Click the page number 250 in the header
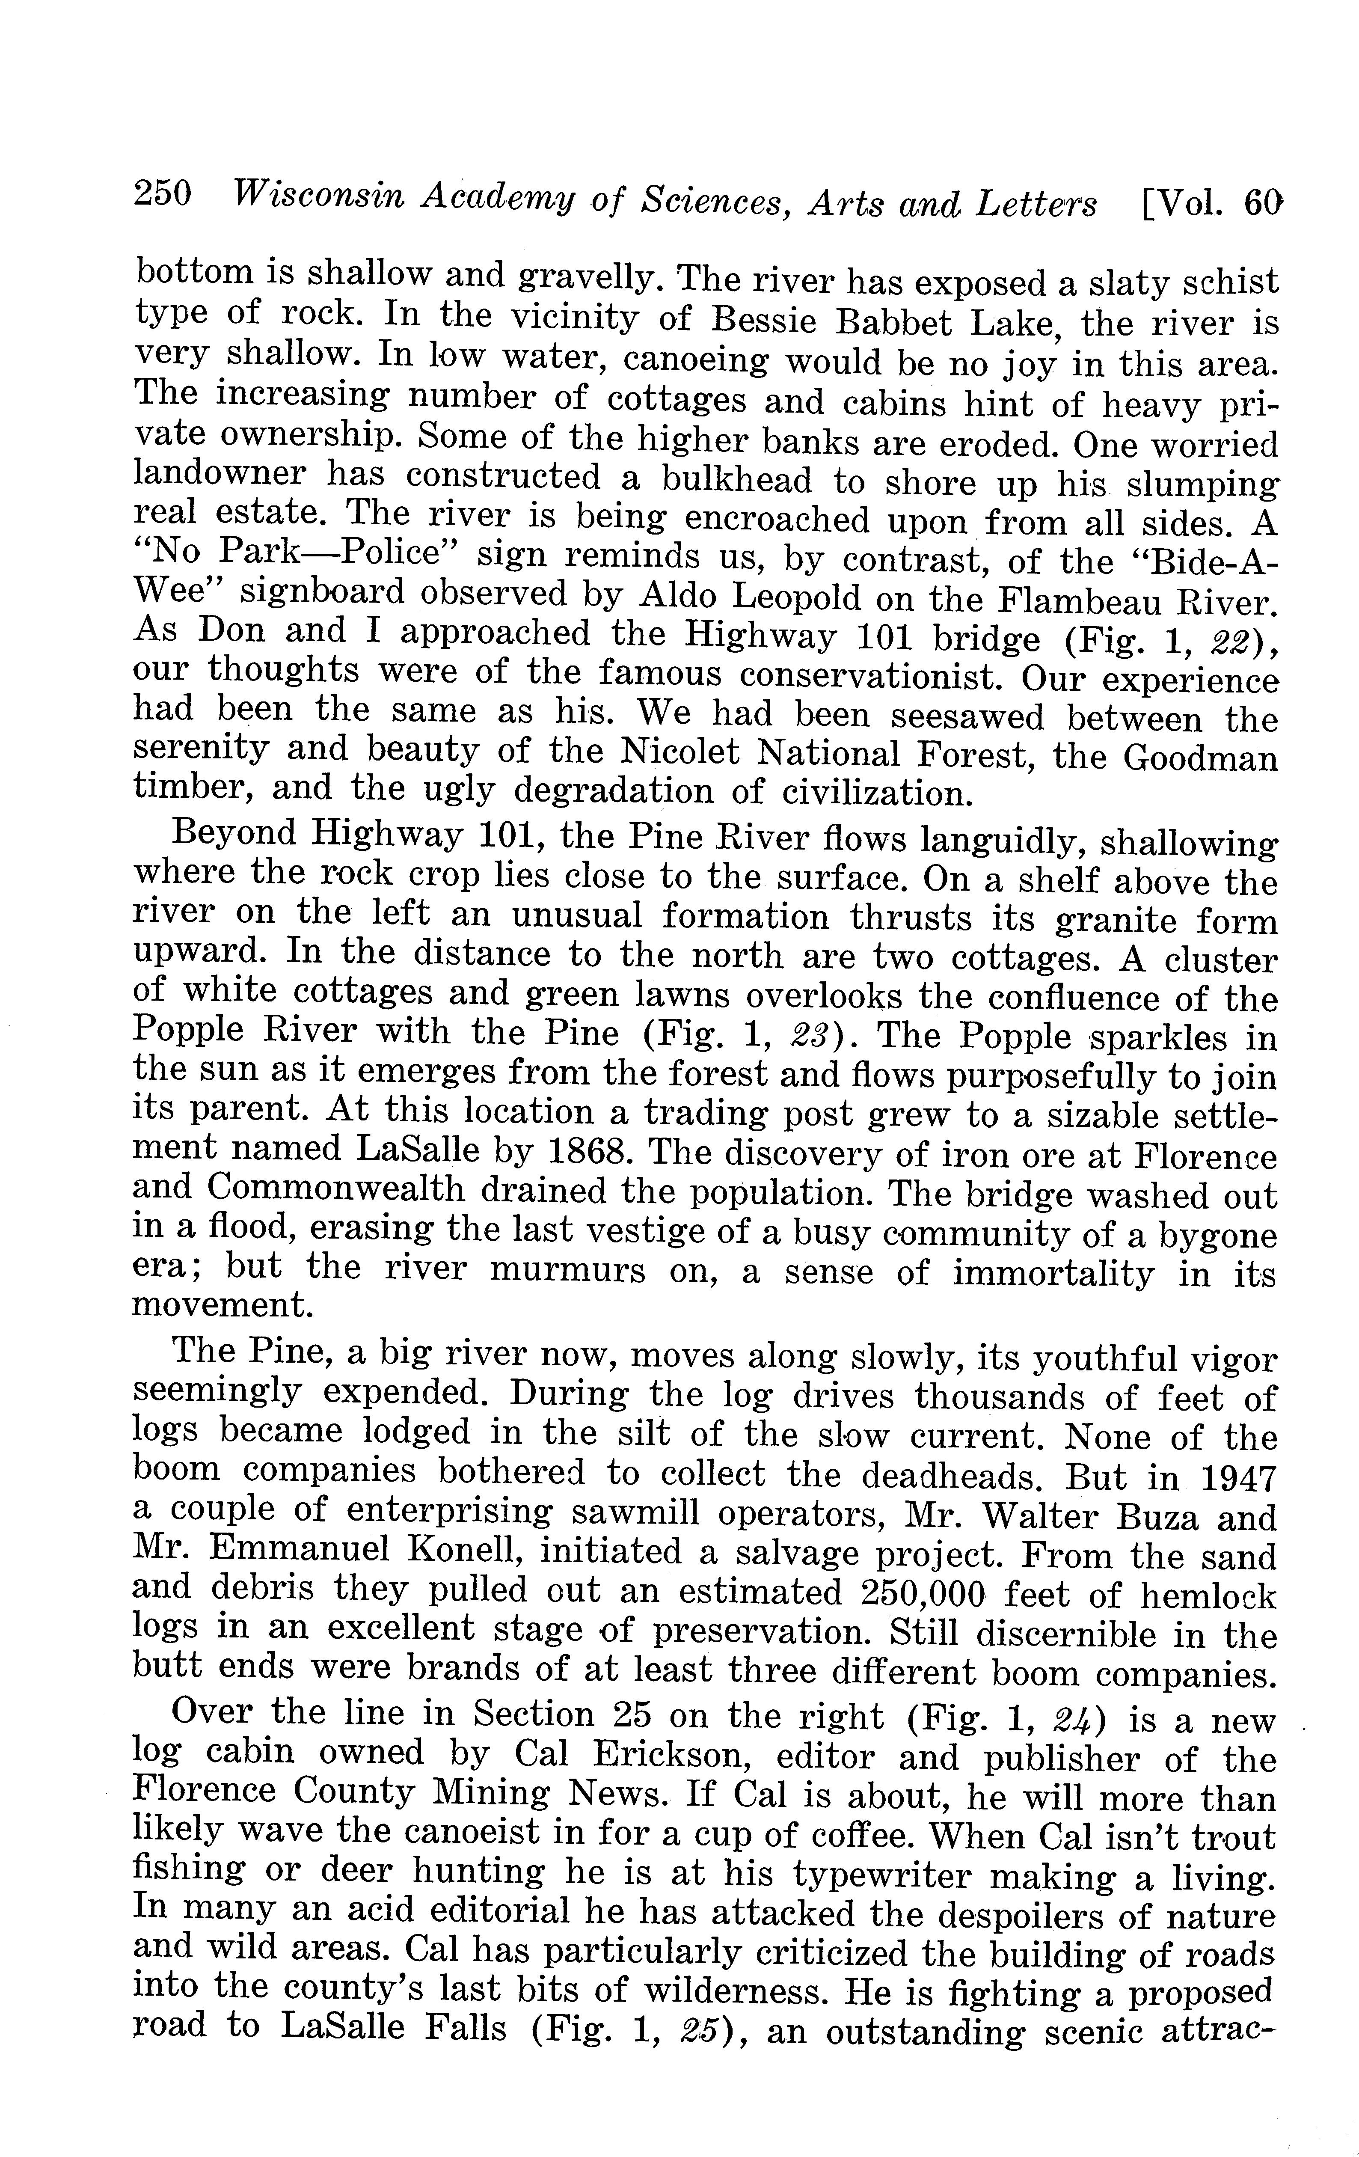pyautogui.click(x=162, y=193)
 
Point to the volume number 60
pyautogui.click(x=1263, y=206)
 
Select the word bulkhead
pyautogui.click(x=736, y=481)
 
